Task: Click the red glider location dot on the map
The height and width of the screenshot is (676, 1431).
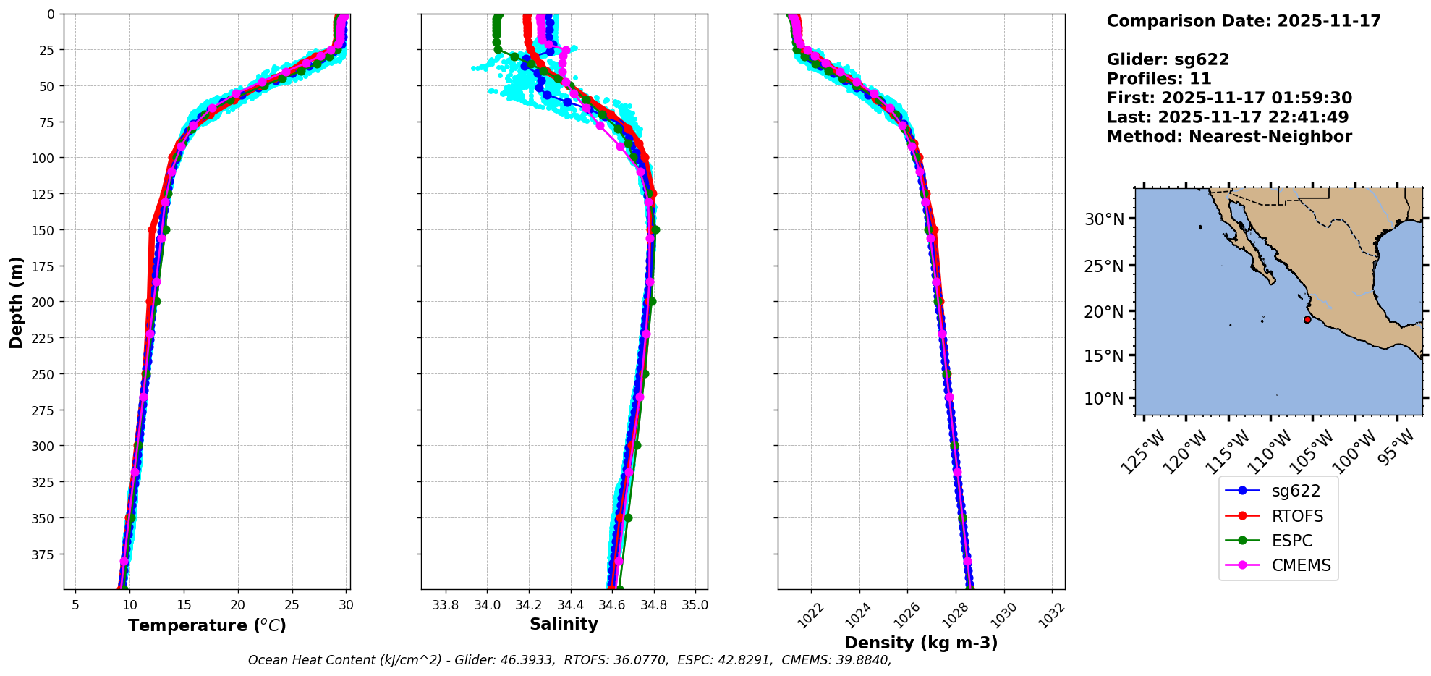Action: [1307, 320]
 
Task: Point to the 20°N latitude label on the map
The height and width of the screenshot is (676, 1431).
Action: [1104, 312]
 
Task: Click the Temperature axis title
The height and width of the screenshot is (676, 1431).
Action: [207, 625]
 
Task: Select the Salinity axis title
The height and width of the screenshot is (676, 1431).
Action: [564, 625]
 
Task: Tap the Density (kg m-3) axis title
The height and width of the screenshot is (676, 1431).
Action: [921, 643]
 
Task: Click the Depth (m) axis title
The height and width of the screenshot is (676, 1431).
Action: [16, 302]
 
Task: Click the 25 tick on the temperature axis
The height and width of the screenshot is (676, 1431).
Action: [292, 605]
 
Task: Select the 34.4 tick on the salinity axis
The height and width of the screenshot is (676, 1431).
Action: [570, 605]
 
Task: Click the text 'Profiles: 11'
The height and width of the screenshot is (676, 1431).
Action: [1158, 79]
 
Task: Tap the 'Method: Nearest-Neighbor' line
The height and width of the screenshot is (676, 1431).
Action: [1228, 137]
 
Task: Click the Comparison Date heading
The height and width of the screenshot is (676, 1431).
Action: [1243, 21]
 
